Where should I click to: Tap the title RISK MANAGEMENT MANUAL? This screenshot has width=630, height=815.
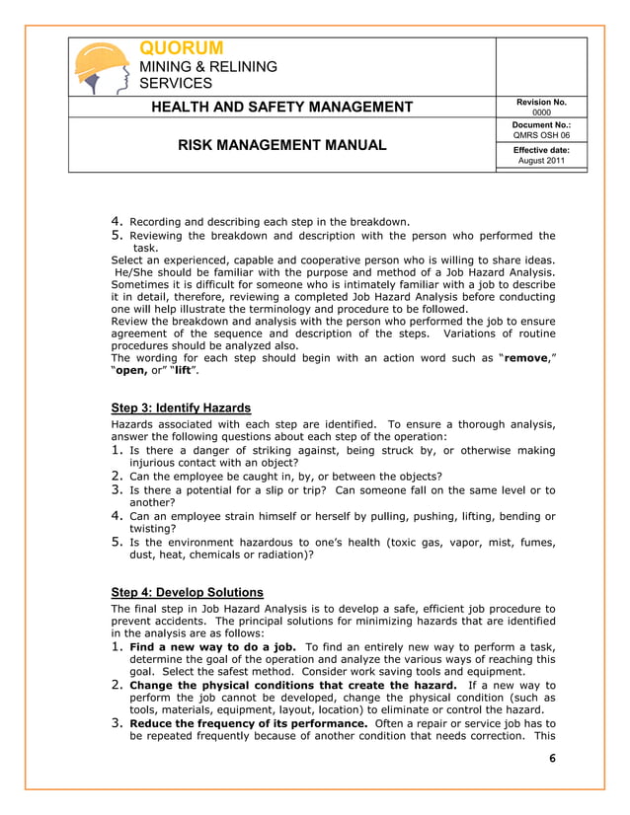click(281, 146)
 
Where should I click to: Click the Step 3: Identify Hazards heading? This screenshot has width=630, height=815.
click(181, 407)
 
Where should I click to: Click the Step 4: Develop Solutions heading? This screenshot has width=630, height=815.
click(187, 592)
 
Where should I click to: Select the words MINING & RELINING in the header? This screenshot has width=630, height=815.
click(207, 66)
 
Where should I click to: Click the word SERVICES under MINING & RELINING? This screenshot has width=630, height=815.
click(175, 84)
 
